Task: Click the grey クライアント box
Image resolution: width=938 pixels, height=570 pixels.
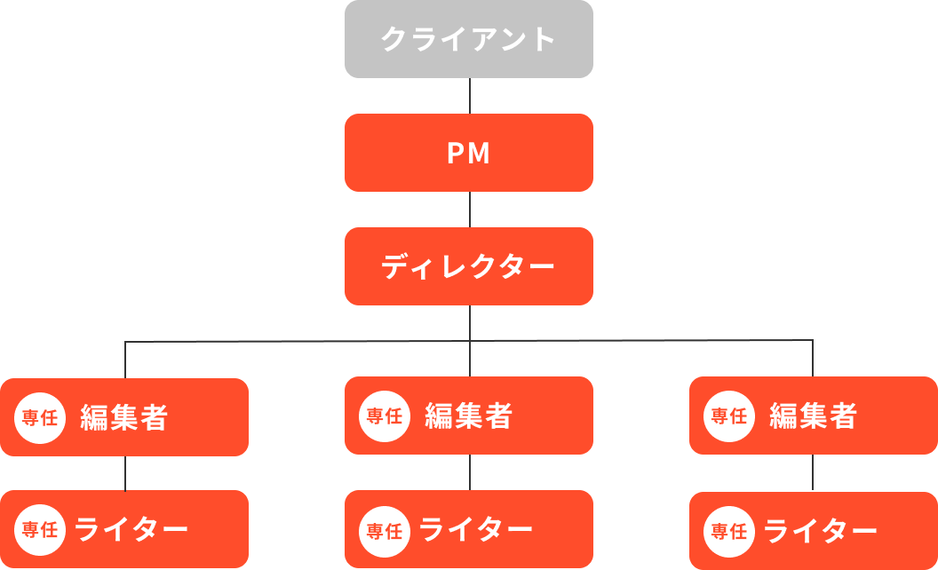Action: coord(469,39)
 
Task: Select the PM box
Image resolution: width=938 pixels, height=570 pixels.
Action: coord(469,153)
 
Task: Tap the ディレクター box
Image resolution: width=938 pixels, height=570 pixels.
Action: coord(469,266)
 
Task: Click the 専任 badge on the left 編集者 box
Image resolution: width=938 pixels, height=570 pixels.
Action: coord(40,417)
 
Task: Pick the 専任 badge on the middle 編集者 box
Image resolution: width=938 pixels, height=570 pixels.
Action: coord(385,416)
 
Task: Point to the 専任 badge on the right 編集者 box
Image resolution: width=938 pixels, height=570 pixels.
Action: coord(729,416)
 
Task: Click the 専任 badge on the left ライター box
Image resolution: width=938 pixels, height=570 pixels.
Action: coord(40,529)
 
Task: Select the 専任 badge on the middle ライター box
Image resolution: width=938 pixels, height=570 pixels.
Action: coord(385,530)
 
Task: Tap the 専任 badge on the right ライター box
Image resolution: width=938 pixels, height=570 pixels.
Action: coord(729,531)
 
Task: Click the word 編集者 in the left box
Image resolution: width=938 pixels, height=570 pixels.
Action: coord(124,417)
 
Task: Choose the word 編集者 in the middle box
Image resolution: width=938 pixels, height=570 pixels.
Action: coord(469,416)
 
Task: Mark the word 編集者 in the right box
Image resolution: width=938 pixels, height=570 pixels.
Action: coord(814,416)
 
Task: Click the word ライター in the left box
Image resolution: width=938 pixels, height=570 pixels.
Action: coord(131,529)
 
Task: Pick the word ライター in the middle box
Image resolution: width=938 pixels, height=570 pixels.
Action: coord(476,530)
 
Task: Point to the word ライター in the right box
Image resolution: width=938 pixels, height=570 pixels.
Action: coord(821,531)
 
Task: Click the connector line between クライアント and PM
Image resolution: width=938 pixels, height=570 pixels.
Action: coord(469,96)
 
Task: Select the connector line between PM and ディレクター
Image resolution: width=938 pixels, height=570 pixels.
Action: coord(469,210)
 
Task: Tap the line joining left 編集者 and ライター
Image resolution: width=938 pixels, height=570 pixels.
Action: coord(124,473)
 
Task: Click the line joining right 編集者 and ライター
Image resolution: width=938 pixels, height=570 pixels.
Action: coord(814,473)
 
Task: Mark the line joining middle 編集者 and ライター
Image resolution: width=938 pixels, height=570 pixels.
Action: coord(469,472)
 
